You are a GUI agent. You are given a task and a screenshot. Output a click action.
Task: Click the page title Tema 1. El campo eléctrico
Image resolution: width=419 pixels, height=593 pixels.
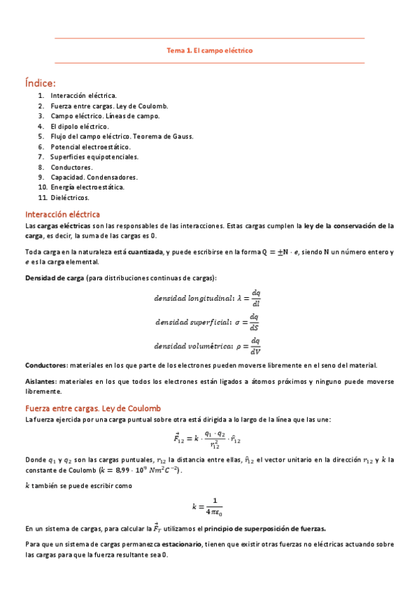(x=209, y=50)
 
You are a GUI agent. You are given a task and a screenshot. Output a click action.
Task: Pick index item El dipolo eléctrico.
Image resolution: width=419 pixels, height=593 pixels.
(x=80, y=127)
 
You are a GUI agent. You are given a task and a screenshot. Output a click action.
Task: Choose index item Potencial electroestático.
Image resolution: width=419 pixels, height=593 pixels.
(x=90, y=147)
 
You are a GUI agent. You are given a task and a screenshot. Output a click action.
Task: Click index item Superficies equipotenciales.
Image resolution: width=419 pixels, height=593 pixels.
(x=94, y=157)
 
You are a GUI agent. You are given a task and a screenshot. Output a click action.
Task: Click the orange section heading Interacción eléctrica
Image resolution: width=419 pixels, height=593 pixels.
(x=62, y=214)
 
